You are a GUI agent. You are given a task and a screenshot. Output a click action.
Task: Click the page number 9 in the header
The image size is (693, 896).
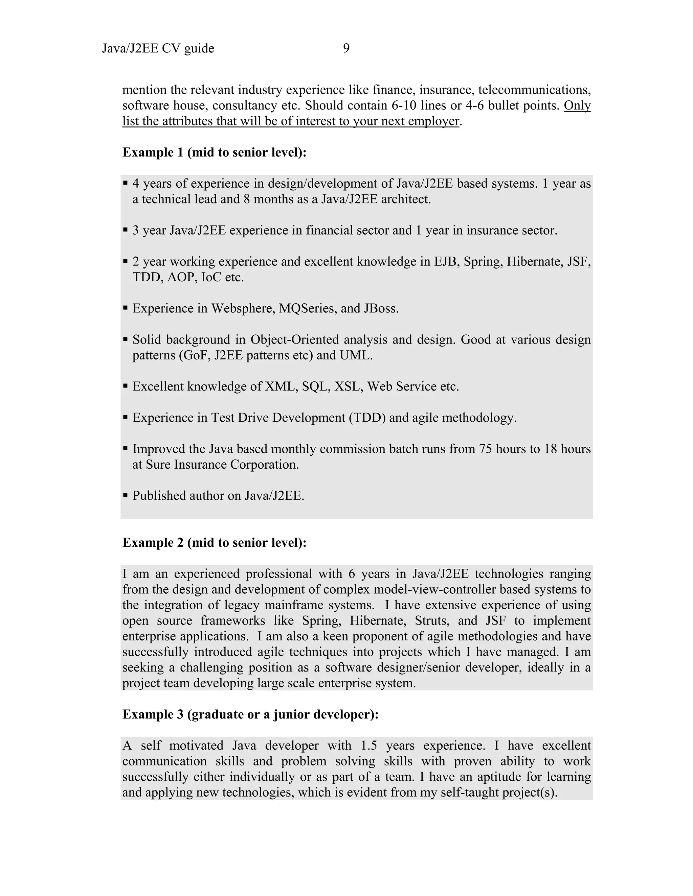[x=346, y=48]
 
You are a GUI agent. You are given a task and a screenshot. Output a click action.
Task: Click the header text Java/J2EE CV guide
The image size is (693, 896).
[x=158, y=48]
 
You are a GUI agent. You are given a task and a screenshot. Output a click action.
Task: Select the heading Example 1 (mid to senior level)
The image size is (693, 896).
[x=214, y=152]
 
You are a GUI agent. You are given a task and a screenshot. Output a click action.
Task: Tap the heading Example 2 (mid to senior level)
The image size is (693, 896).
[x=214, y=542]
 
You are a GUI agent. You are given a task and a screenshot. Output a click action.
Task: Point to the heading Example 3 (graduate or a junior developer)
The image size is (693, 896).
[x=250, y=714]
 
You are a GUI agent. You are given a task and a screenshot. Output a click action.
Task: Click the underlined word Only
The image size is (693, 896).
[x=577, y=105]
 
